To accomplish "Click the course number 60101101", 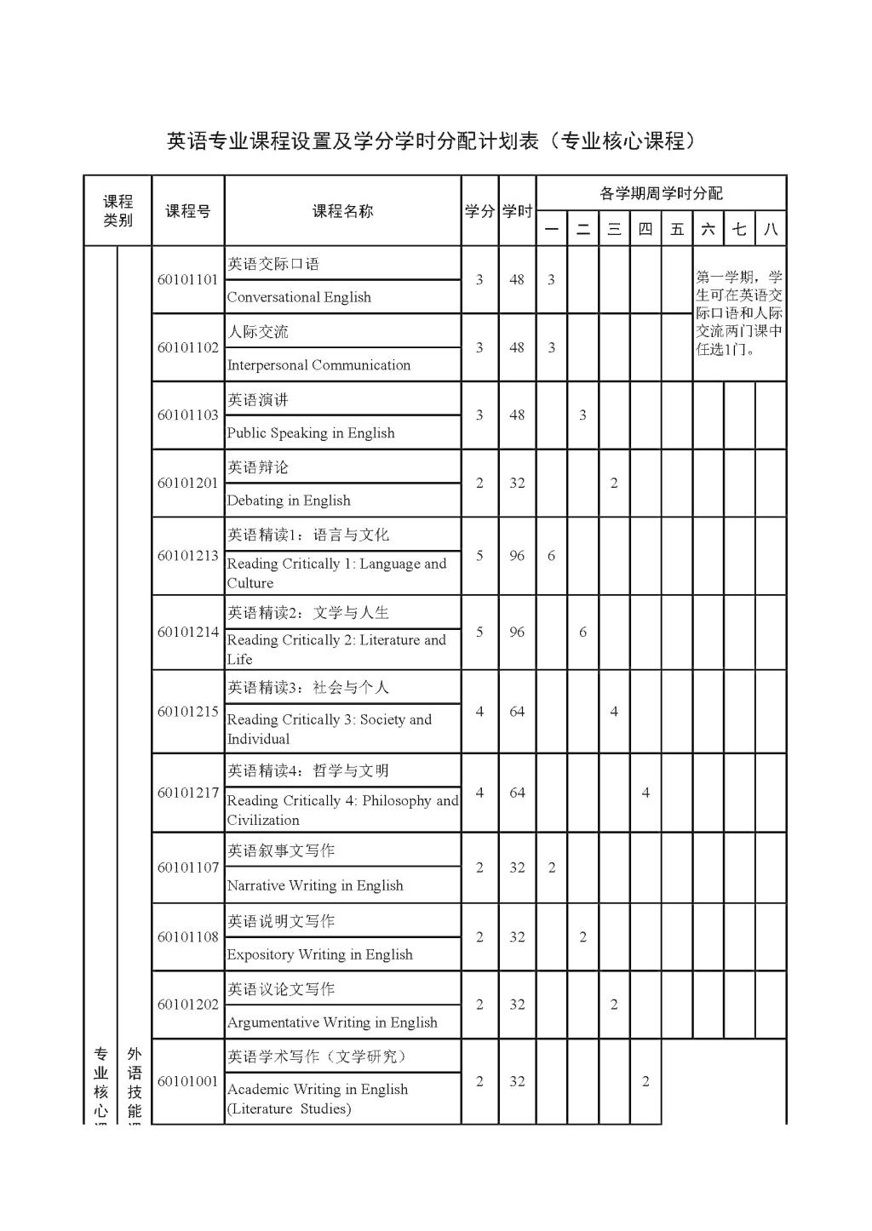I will (187, 280).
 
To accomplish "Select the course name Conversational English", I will (299, 297).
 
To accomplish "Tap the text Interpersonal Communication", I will (318, 365).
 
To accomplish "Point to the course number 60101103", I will (187, 415).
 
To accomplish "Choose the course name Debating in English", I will (289, 501).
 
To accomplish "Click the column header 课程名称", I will (342, 211).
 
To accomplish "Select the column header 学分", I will (479, 211).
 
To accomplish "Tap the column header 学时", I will (517, 211).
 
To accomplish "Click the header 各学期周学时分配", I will (661, 193).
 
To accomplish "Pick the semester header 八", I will (771, 229).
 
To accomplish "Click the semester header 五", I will (677, 229).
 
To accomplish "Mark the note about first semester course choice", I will (738, 313).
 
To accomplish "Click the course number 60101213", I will (187, 556).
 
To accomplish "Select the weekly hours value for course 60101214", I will (582, 633).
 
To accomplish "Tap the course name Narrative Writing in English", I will (315, 885).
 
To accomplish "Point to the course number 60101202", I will (187, 1005).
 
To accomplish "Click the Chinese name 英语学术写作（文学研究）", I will (318, 1056).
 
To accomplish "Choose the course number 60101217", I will (187, 793).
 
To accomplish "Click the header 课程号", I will (187, 211).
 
